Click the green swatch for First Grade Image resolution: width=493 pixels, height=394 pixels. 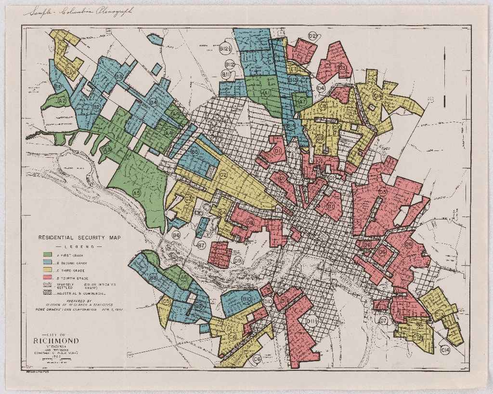coord(48,254)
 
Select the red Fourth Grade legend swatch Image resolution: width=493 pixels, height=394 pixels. coord(48,278)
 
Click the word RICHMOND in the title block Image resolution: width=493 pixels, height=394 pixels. coord(56,341)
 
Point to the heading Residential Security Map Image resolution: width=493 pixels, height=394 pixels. coord(80,238)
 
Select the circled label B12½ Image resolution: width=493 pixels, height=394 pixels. coord(225,50)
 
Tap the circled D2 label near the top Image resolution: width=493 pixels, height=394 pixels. coord(312,36)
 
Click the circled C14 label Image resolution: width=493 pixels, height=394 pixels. coord(445,350)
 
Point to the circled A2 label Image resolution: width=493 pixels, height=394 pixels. coord(62,101)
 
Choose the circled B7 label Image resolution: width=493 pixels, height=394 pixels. coord(202,245)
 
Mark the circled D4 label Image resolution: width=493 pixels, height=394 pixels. coord(321,88)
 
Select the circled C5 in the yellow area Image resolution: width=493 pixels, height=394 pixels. coord(167,301)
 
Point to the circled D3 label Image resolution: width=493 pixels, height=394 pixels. coord(342,68)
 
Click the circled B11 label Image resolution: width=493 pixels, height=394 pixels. coord(227,74)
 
